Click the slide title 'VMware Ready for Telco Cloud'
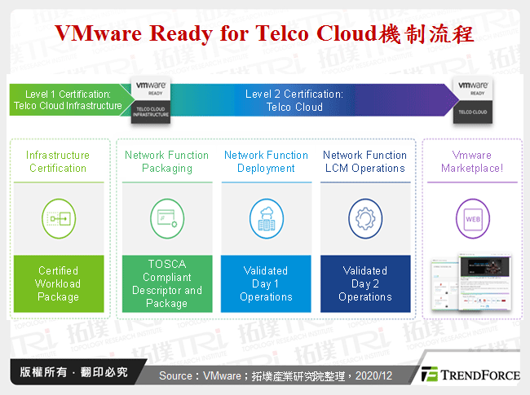[x=263, y=34]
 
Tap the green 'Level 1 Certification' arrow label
[x=68, y=100]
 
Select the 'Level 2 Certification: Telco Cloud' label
[x=294, y=100]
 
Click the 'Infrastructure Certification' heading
[x=58, y=161]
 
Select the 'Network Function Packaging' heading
[x=167, y=161]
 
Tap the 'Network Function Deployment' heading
[x=266, y=161]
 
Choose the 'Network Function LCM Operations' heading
[x=364, y=161]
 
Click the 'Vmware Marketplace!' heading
[x=472, y=161]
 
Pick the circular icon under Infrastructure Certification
[x=58, y=219]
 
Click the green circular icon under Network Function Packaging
[x=167, y=219]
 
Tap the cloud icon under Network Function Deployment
[x=266, y=219]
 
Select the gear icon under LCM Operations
[x=364, y=219]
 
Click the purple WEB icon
[x=472, y=219]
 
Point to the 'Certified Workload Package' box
[x=58, y=283]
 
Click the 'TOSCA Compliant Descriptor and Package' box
[x=167, y=283]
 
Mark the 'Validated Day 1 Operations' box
[x=266, y=283]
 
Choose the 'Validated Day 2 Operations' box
[x=364, y=283]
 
